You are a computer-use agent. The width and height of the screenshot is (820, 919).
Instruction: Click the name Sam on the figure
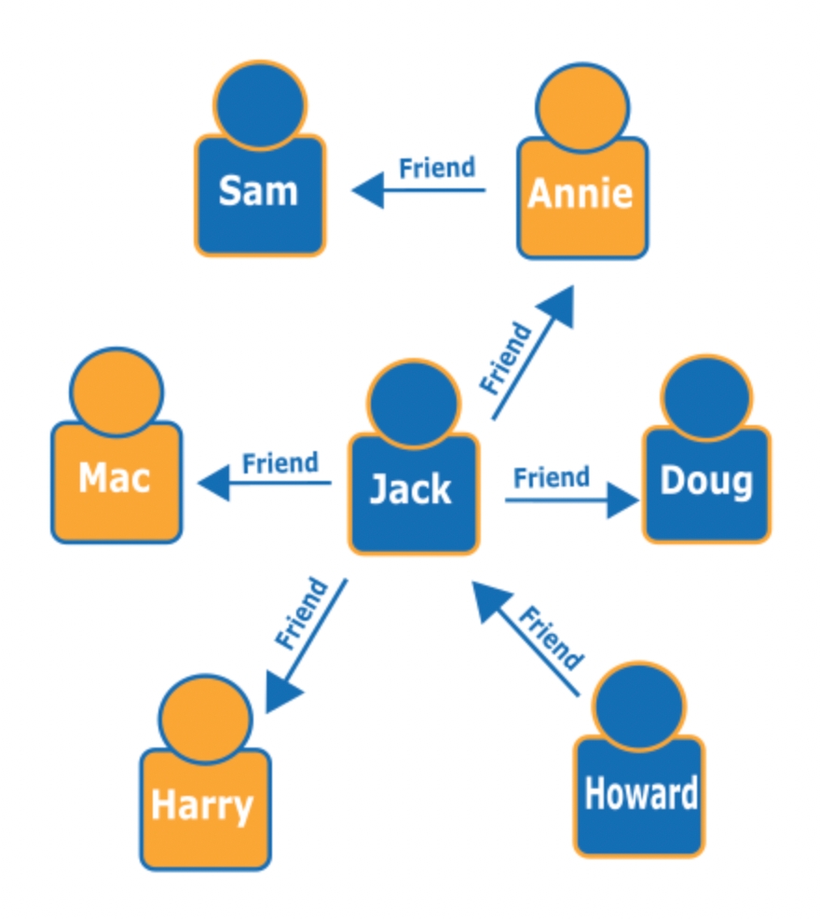pyautogui.click(x=258, y=192)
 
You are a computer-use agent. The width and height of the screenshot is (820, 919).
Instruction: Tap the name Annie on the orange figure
pyautogui.click(x=581, y=194)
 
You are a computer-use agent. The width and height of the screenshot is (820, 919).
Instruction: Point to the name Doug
pyautogui.click(x=706, y=481)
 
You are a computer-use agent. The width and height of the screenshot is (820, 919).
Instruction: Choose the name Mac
pyautogui.click(x=116, y=478)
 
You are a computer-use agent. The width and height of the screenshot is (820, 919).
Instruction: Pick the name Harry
pyautogui.click(x=202, y=805)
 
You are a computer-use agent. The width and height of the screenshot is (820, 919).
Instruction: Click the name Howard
pyautogui.click(x=640, y=793)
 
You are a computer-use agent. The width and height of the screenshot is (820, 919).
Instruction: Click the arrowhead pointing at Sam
pyautogui.click(x=367, y=191)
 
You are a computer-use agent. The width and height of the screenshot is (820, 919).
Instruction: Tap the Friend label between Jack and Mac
pyautogui.click(x=280, y=462)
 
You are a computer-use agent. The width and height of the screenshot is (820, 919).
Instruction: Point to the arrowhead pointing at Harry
pyautogui.click(x=282, y=694)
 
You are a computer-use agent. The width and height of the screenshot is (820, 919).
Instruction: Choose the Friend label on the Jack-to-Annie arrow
pyautogui.click(x=507, y=358)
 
